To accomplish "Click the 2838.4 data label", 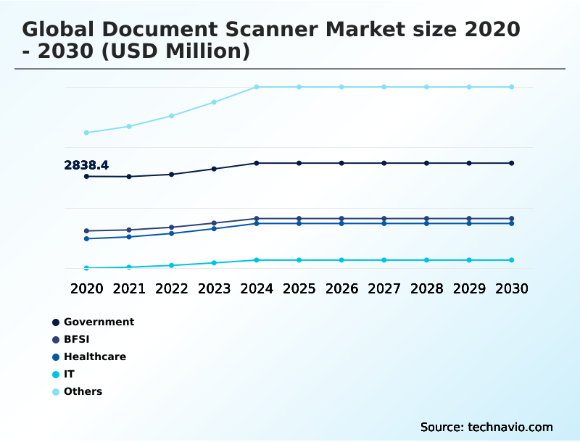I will pyautogui.click(x=86, y=165).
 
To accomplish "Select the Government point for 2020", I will pyautogui.click(x=86, y=176).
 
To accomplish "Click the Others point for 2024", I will pyautogui.click(x=257, y=87).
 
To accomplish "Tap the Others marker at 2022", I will pyautogui.click(x=172, y=116).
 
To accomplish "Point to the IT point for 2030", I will pyautogui.click(x=511, y=260).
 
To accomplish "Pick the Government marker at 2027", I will pyautogui.click(x=384, y=163).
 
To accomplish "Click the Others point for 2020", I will pyautogui.click(x=86, y=133).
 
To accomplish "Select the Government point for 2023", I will pyautogui.click(x=214, y=169).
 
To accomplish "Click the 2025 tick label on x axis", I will pyautogui.click(x=299, y=288).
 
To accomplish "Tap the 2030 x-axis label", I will pyautogui.click(x=511, y=288).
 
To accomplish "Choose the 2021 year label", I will pyautogui.click(x=129, y=288).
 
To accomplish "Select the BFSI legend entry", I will pyautogui.click(x=76, y=339).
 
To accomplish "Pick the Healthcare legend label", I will pyautogui.click(x=94, y=356).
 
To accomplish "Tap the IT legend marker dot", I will pyautogui.click(x=56, y=375).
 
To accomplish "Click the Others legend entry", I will pyautogui.click(x=83, y=391).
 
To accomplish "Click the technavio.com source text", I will pyautogui.click(x=510, y=427).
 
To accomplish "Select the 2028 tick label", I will pyautogui.click(x=426, y=288).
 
